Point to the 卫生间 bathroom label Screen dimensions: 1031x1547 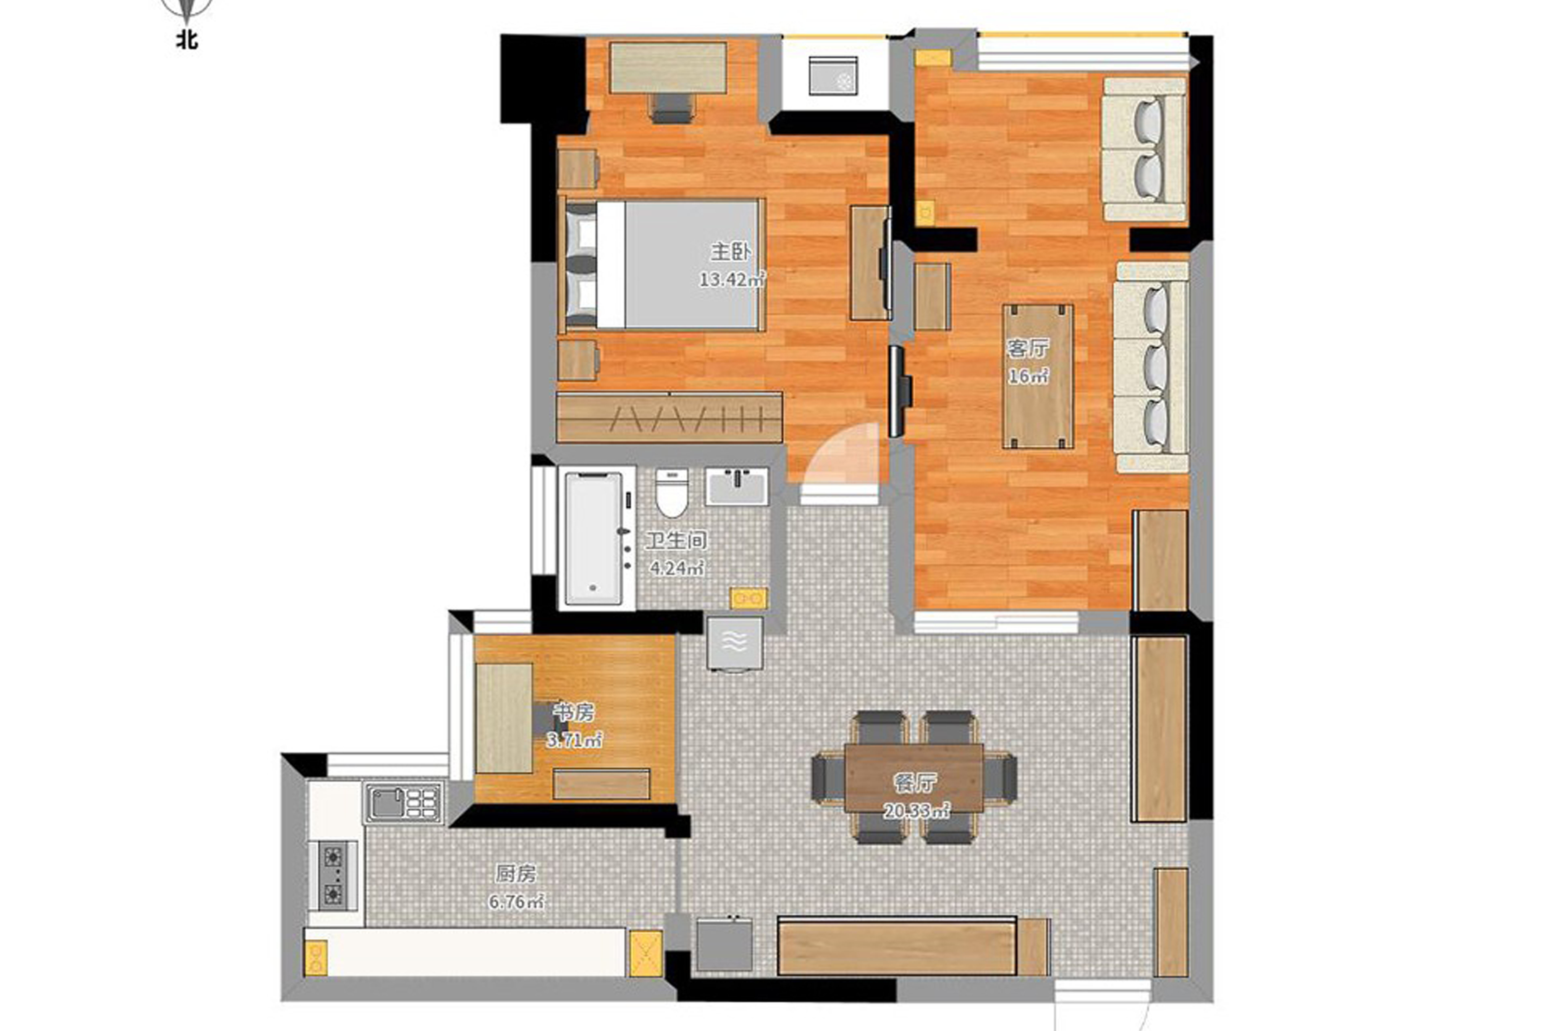[676, 541]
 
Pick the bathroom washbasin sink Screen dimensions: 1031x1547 [736, 487]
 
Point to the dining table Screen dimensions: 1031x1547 [914, 777]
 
